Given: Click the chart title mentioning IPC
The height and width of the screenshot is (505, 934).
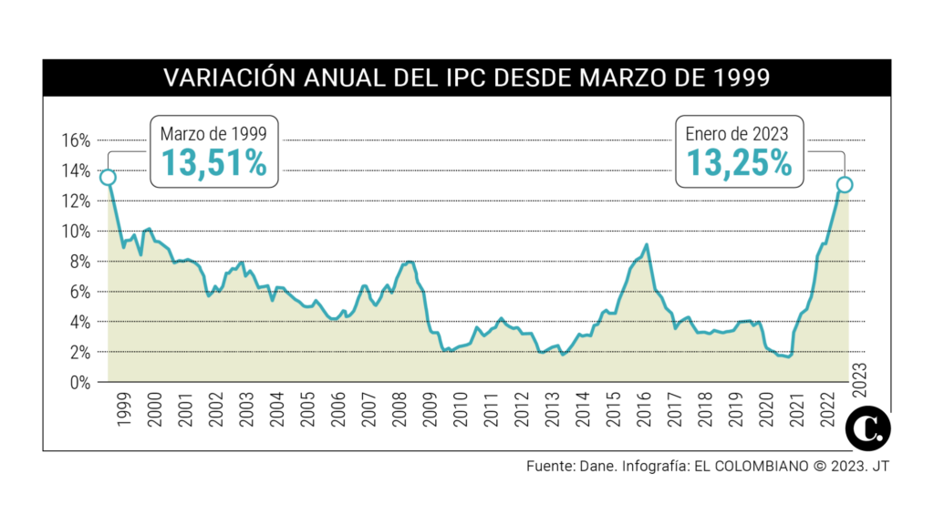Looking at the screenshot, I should click(466, 77).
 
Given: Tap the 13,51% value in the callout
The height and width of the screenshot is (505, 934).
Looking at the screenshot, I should click(213, 162).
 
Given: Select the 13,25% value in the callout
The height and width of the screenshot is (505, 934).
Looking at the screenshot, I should click(739, 162).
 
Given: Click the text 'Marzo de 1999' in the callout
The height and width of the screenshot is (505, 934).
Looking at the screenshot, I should click(213, 134).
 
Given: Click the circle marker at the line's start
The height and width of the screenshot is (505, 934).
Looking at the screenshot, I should click(108, 177).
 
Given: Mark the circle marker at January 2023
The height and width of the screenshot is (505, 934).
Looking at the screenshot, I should click(845, 184).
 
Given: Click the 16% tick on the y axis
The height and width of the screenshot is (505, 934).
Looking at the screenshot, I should click(76, 140).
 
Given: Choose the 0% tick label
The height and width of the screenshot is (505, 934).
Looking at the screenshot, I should click(79, 382).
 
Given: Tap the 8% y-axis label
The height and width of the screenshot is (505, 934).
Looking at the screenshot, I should click(79, 262).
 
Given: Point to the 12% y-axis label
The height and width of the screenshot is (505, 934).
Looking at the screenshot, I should click(76, 201).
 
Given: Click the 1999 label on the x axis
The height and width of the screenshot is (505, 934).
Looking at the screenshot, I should click(123, 410).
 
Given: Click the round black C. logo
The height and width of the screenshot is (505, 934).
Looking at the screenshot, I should click(867, 428).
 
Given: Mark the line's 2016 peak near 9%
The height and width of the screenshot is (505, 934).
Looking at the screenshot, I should click(646, 244).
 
